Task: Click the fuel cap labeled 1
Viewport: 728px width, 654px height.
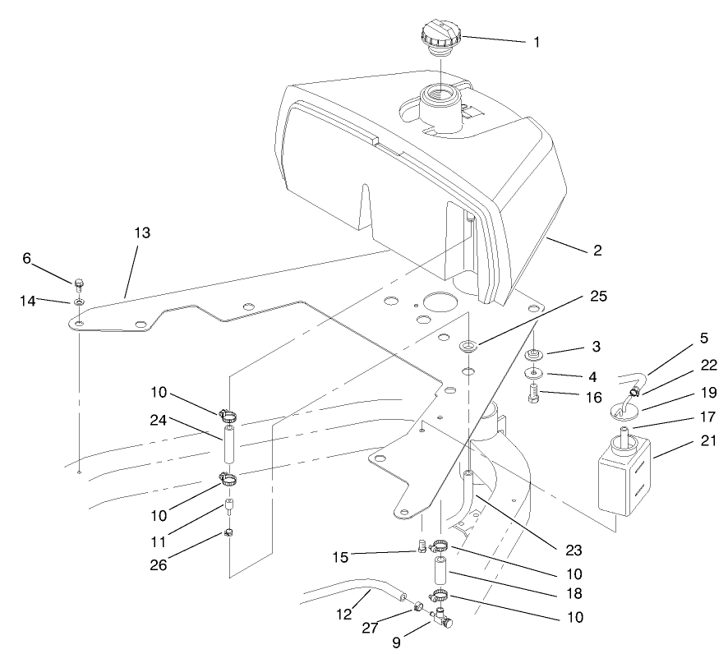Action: click(x=441, y=38)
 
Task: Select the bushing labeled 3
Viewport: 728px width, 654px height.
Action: click(x=533, y=356)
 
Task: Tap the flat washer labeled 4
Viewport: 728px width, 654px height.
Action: click(x=533, y=373)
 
